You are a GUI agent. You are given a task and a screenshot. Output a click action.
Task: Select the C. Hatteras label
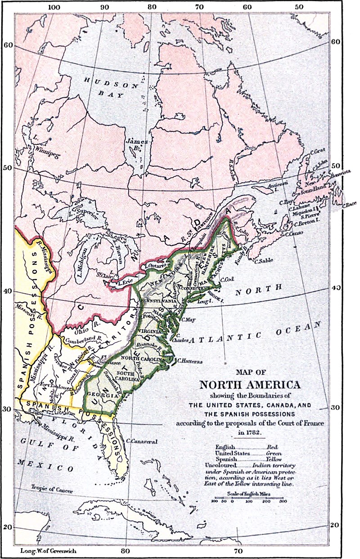pos(191,360)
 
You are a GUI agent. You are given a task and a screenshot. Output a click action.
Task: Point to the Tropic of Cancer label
pos(51,487)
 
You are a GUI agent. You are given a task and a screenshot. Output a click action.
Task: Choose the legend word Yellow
pos(270,459)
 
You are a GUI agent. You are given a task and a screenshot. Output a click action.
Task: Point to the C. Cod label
pos(227,279)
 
